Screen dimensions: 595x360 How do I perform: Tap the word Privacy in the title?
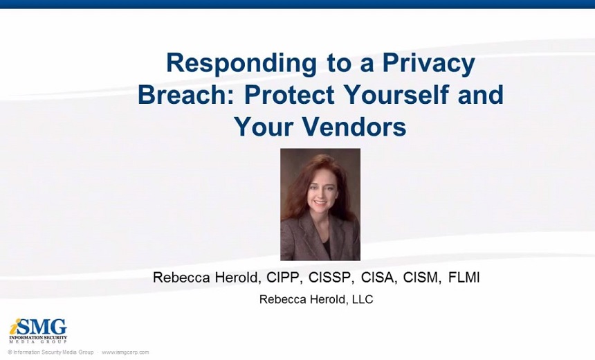pyautogui.click(x=428, y=64)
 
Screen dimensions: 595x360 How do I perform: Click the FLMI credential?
pyautogui.click(x=464, y=278)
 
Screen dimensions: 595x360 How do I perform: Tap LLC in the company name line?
pyautogui.click(x=363, y=299)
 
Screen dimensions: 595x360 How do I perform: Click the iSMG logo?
pyautogui.click(x=38, y=331)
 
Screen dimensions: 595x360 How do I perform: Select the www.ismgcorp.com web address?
pyautogui.click(x=125, y=352)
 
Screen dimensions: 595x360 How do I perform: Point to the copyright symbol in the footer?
pyautogui.click(x=10, y=352)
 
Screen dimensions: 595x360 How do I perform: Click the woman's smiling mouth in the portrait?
pyautogui.click(x=320, y=202)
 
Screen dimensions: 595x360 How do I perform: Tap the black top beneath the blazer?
pyautogui.click(x=325, y=246)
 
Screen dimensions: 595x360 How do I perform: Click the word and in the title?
pyautogui.click(x=480, y=95)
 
